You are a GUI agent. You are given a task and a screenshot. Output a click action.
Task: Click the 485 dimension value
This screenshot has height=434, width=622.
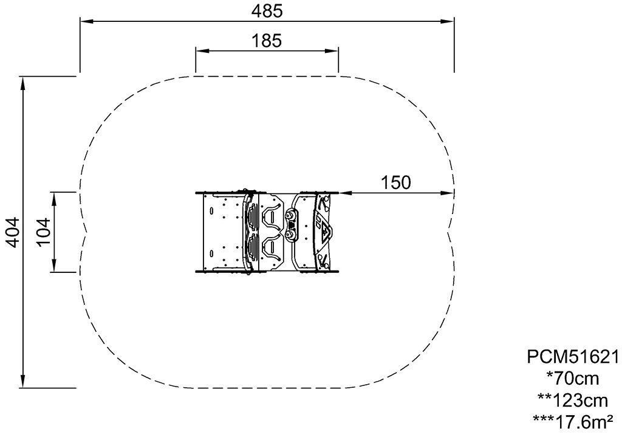click(267, 11)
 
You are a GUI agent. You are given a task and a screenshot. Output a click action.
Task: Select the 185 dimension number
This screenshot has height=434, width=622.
click(267, 41)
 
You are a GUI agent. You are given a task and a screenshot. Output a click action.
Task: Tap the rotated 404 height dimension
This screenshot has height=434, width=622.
click(13, 232)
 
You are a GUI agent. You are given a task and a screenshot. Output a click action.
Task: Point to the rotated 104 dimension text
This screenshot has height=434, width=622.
click(44, 232)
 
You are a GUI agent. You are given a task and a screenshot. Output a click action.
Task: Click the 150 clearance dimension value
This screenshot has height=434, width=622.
click(395, 182)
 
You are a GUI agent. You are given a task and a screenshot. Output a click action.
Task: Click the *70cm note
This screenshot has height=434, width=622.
click(572, 379)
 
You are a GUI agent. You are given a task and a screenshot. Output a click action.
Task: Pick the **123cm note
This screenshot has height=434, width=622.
click(572, 401)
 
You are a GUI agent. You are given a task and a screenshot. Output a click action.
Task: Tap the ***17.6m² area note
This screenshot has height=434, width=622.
click(572, 422)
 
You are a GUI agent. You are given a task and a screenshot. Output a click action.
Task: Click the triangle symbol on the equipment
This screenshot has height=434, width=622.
click(326, 232)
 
